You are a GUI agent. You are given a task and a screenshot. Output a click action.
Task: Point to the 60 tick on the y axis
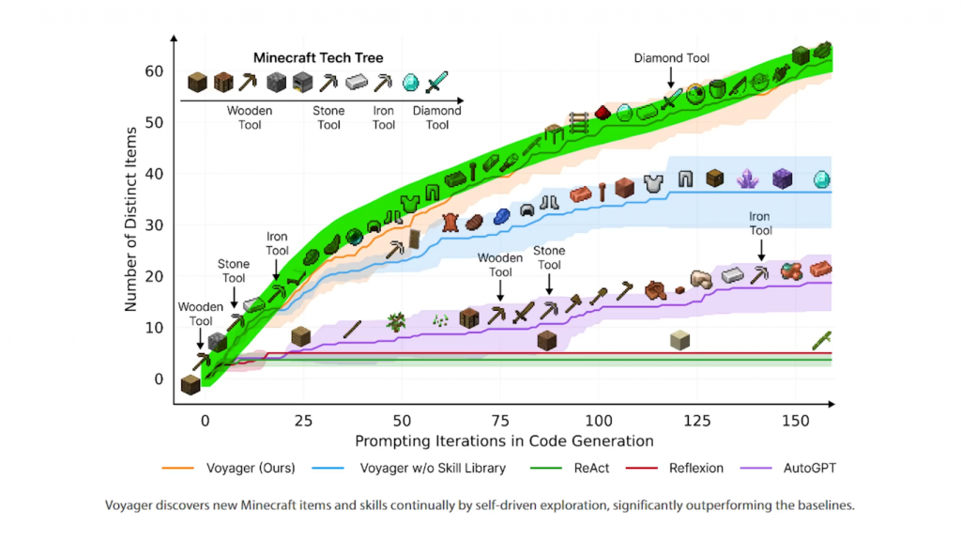click(x=153, y=71)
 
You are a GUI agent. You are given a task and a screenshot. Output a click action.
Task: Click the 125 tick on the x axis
click(x=697, y=421)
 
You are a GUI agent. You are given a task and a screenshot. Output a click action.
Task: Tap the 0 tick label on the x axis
click(x=205, y=421)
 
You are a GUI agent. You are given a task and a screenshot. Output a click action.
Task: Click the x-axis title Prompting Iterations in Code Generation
click(x=504, y=440)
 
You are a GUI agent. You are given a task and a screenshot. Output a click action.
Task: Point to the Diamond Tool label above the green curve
click(x=672, y=58)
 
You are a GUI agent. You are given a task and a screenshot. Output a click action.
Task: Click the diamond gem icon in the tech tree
click(x=410, y=83)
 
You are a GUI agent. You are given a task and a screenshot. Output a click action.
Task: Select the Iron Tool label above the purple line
click(x=760, y=224)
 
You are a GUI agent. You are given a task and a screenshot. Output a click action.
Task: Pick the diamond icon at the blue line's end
click(x=821, y=178)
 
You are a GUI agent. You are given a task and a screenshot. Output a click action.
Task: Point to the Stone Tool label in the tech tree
click(x=328, y=117)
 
